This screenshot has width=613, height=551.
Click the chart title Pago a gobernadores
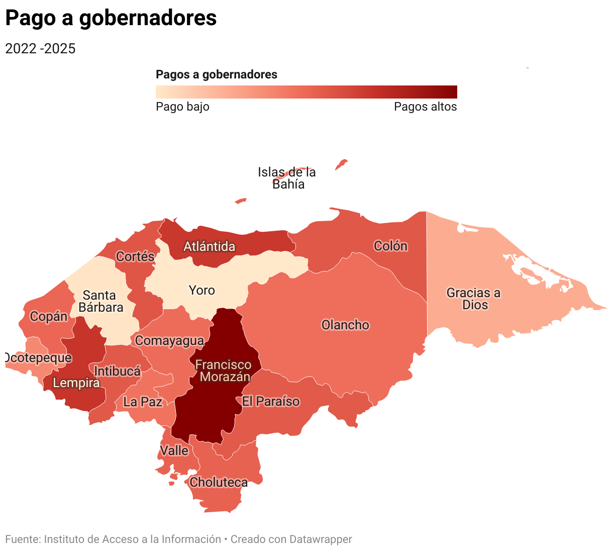pos(111,18)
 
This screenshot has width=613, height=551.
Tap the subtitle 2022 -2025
pos(40,49)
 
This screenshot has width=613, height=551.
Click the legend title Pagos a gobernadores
pos(217,75)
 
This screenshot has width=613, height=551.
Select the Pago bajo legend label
pos(182,107)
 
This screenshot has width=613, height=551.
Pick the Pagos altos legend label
pos(425,107)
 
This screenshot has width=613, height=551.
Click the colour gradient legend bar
pos(306,91)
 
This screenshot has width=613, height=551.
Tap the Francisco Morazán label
pos(224,371)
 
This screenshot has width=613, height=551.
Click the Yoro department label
pos(201,290)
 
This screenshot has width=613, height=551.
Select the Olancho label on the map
pos(345,325)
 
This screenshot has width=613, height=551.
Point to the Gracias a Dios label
pos(474,299)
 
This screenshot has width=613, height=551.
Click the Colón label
pos(390,246)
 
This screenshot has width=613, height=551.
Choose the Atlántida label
pos(209,246)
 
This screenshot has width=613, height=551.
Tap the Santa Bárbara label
pos(100,301)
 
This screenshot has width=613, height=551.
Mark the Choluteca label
pos(219,482)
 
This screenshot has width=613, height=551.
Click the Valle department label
pos(174,450)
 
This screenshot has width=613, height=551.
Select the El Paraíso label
pos(271,401)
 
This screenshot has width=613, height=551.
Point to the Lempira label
pos(76,383)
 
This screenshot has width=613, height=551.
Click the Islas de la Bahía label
pos(287,178)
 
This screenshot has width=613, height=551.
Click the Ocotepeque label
pos(38,358)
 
